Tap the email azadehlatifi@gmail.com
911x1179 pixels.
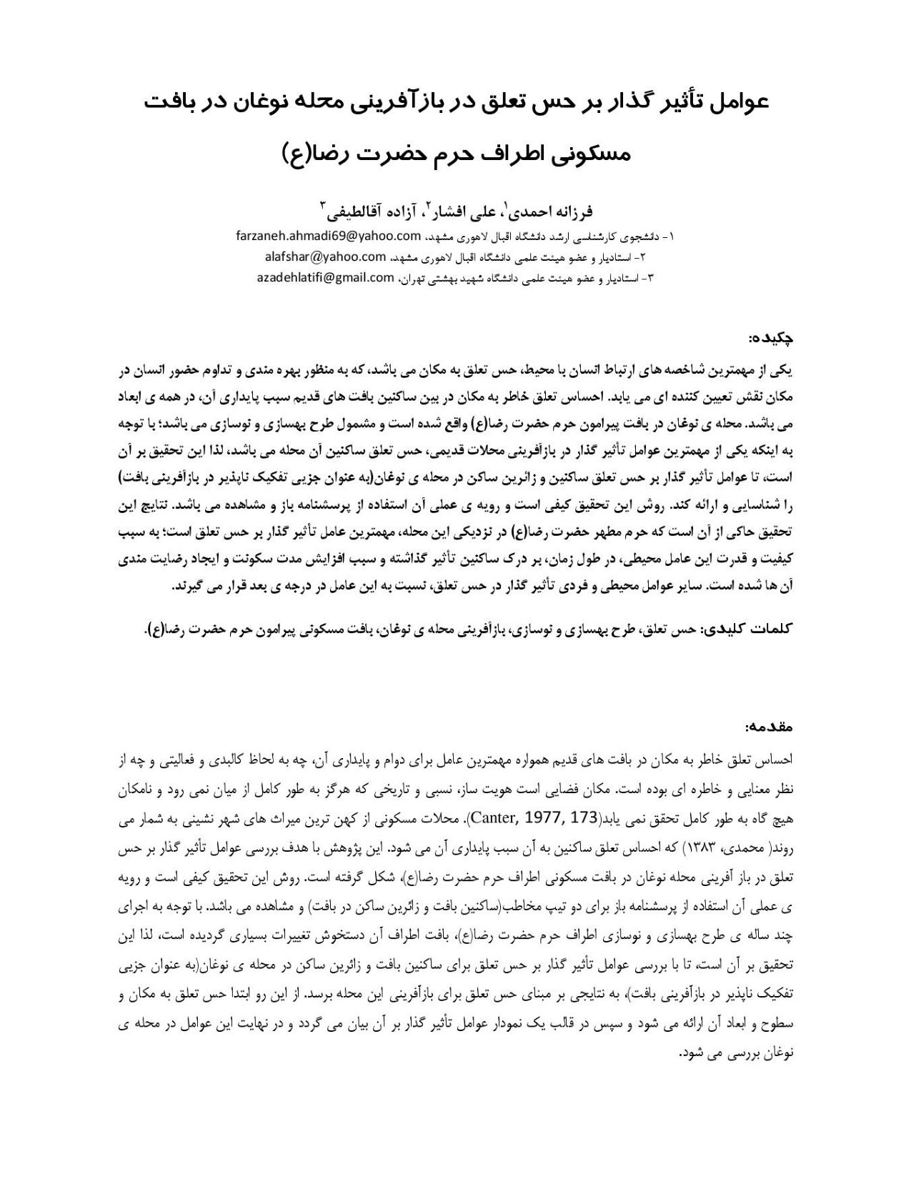coord(325,278)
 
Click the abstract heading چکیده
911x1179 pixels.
coord(771,337)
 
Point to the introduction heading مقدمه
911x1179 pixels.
coord(770,727)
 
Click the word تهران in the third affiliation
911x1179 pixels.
coord(413,279)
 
